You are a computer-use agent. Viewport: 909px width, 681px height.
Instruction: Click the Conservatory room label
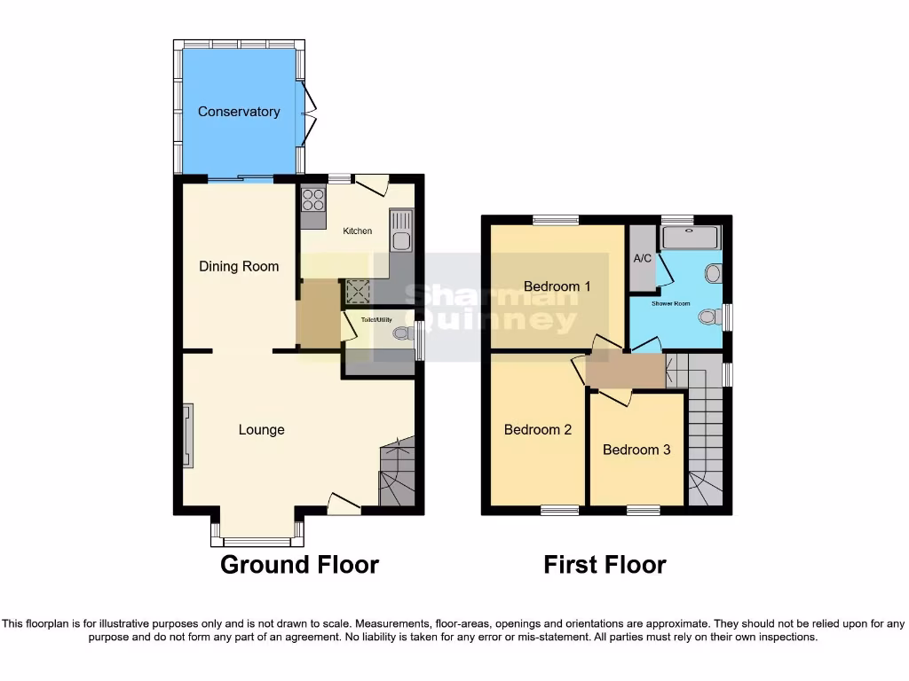pyautogui.click(x=239, y=112)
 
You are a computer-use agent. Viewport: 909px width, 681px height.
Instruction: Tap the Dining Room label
pyautogui.click(x=239, y=266)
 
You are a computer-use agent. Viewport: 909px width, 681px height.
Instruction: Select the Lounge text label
pyautogui.click(x=262, y=430)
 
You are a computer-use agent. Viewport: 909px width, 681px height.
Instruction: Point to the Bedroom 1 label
pyautogui.click(x=557, y=286)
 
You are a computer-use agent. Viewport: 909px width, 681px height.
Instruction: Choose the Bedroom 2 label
pyautogui.click(x=538, y=430)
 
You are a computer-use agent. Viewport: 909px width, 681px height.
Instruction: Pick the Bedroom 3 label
pyautogui.click(x=636, y=450)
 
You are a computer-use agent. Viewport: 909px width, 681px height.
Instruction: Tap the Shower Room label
pyautogui.click(x=671, y=304)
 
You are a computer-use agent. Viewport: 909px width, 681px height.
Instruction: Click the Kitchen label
pyautogui.click(x=358, y=231)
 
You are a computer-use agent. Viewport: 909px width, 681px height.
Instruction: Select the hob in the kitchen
pyautogui.click(x=314, y=199)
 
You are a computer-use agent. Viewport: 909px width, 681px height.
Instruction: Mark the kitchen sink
pyautogui.click(x=401, y=230)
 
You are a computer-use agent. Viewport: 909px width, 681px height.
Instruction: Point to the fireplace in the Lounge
pyautogui.click(x=188, y=434)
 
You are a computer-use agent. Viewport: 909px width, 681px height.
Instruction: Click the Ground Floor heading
pyautogui.click(x=299, y=565)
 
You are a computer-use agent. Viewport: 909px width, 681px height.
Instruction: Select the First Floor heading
pyautogui.click(x=605, y=565)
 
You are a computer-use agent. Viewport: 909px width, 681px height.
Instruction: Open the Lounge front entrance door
pyautogui.click(x=343, y=504)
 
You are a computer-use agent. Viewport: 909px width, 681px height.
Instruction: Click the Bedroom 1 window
pyautogui.click(x=557, y=220)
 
